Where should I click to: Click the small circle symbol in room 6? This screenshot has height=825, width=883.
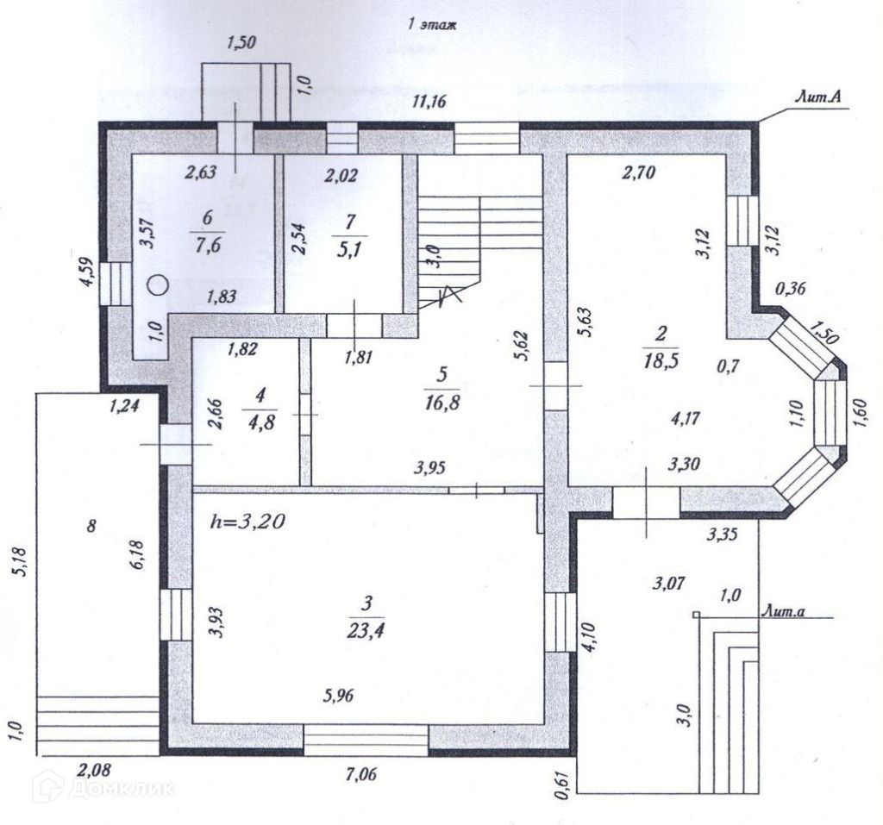pos(156,284)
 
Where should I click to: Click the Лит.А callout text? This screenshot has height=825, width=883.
pos(818,100)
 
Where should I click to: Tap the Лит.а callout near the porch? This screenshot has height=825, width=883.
pos(784,609)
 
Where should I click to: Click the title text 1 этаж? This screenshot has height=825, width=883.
pos(431,25)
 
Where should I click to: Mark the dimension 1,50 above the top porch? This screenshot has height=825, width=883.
pos(241,44)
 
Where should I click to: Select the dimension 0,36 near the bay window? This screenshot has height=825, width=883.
pos(790,289)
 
